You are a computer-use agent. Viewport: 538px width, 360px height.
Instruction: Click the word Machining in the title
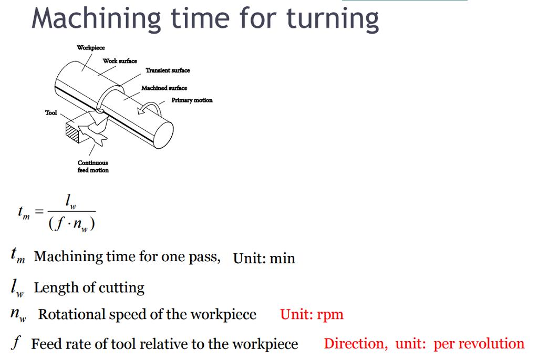point(96,19)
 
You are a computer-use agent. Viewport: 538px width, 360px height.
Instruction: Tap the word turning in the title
point(333,19)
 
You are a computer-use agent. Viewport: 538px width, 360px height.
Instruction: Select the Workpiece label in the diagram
point(90,48)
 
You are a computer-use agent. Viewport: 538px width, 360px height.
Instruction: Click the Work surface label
point(120,61)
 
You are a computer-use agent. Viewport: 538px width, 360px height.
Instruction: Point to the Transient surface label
point(168,70)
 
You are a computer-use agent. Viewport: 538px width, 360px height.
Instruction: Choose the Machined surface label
point(164,88)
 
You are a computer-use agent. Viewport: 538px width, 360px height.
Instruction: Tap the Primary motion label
point(192,100)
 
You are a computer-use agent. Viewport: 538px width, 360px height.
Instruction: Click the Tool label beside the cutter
point(51,112)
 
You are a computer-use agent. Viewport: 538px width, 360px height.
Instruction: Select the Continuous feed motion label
point(93,167)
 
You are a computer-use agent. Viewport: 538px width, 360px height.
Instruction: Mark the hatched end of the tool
point(73,133)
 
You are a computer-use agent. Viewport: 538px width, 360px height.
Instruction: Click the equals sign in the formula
point(39,211)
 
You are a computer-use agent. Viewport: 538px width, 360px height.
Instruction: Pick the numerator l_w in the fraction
point(71,202)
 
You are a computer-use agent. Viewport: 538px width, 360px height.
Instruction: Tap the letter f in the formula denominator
point(59,223)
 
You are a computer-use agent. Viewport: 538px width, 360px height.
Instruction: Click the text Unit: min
point(264,258)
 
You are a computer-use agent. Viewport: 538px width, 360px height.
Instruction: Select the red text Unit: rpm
point(312,314)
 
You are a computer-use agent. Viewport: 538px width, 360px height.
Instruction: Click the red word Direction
point(356,344)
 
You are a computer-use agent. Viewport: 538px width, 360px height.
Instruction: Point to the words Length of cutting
point(89,287)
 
